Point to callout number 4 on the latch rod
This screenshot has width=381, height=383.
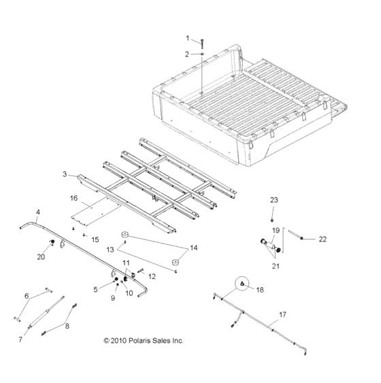point(37,213)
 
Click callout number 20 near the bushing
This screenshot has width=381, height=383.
point(41,256)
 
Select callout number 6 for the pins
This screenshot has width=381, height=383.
point(27,296)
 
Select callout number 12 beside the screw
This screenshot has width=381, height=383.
point(152,276)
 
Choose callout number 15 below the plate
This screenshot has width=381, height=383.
point(95,239)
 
